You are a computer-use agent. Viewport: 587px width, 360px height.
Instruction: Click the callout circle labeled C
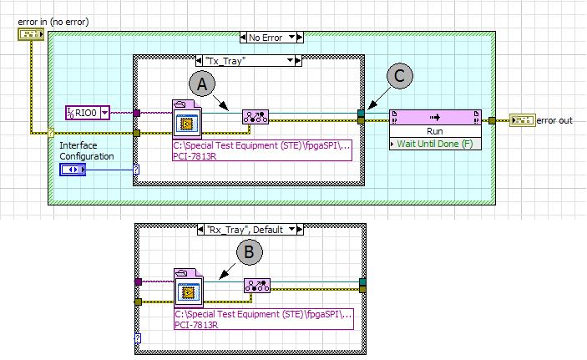coord(400,76)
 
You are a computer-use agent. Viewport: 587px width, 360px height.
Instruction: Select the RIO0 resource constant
coord(86,112)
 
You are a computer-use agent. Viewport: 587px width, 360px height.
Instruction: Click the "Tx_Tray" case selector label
coord(246,60)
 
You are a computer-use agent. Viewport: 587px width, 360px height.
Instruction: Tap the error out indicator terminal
coord(522,120)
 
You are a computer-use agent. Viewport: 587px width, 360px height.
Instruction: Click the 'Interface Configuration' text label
coord(87,150)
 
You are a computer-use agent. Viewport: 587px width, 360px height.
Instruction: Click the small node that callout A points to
coord(254,118)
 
